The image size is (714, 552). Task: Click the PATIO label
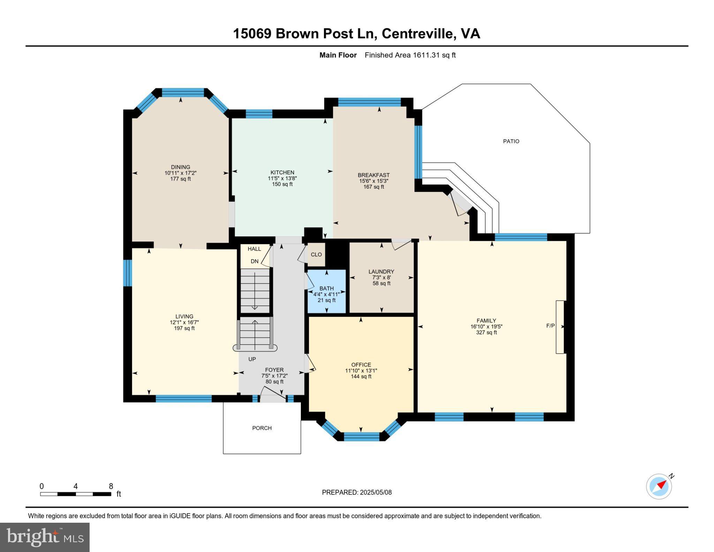click(511, 141)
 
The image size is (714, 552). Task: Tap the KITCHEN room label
click(282, 172)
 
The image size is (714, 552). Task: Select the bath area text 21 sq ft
click(326, 300)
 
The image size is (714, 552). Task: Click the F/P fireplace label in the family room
click(550, 326)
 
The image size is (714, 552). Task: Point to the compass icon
click(659, 486)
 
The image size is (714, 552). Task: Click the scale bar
click(75, 494)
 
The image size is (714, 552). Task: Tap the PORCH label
click(262, 428)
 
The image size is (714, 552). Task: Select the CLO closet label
click(316, 255)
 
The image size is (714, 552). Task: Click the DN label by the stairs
click(255, 261)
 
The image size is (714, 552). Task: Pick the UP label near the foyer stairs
click(252, 359)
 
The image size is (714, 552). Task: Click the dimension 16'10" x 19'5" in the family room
click(486, 327)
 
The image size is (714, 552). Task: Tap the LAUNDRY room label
click(381, 271)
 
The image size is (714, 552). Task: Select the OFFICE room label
click(361, 365)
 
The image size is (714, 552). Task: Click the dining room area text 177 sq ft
click(180, 179)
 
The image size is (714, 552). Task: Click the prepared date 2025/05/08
click(375, 492)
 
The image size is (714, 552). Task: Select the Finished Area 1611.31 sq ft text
click(410, 55)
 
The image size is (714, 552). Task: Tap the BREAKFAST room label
click(373, 175)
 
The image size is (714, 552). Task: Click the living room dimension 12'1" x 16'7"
click(184, 323)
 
